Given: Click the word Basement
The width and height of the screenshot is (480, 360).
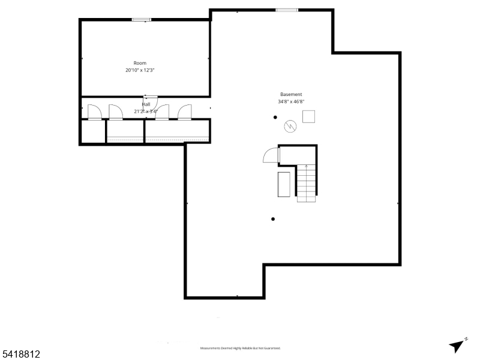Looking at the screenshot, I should pos(291,94).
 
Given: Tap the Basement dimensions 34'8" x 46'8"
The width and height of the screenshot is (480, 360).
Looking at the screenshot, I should pos(291,102).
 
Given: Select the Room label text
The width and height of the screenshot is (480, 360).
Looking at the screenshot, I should pos(140,63).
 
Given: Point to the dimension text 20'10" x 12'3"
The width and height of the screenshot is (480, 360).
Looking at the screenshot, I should pos(140,70).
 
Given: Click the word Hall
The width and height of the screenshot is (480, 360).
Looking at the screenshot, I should pos(146,104).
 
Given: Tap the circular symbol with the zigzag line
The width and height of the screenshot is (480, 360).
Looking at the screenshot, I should pos(290,126).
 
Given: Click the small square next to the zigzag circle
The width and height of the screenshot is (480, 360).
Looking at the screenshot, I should pos(308,116).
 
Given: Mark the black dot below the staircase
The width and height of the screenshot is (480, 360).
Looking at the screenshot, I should pos(273,219).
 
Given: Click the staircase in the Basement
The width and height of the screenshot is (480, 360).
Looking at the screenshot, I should pos(307,182).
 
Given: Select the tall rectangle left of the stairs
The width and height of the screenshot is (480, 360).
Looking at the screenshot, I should pos(284,184).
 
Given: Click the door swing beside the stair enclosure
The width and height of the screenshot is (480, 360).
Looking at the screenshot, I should pos(271,155).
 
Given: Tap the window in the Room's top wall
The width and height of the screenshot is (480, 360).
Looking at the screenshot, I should pos(141,20).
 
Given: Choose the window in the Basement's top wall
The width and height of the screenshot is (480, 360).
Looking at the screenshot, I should pos(287,10).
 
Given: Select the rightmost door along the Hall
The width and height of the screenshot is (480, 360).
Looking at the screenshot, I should pos(184,112).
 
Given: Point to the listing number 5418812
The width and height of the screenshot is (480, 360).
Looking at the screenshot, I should pos(20,355).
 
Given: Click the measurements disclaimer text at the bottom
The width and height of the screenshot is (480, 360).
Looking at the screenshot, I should pos(240,348).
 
